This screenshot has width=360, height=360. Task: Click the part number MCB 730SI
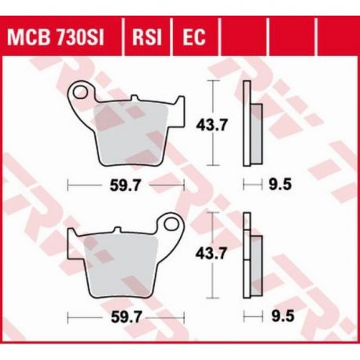(x=56, y=37)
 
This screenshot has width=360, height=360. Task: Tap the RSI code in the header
(x=147, y=37)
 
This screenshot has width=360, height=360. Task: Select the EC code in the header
(x=194, y=37)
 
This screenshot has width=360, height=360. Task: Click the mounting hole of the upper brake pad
(x=80, y=93)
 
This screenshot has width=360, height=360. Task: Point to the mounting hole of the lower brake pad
(x=171, y=224)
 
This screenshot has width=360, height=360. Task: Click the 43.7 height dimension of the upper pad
(x=211, y=126)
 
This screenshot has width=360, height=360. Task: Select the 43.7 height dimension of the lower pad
(x=211, y=254)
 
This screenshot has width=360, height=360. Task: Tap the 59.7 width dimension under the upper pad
(x=125, y=186)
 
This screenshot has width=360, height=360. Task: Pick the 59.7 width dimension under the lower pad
(x=127, y=318)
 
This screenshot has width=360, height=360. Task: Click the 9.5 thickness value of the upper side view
(x=280, y=185)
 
